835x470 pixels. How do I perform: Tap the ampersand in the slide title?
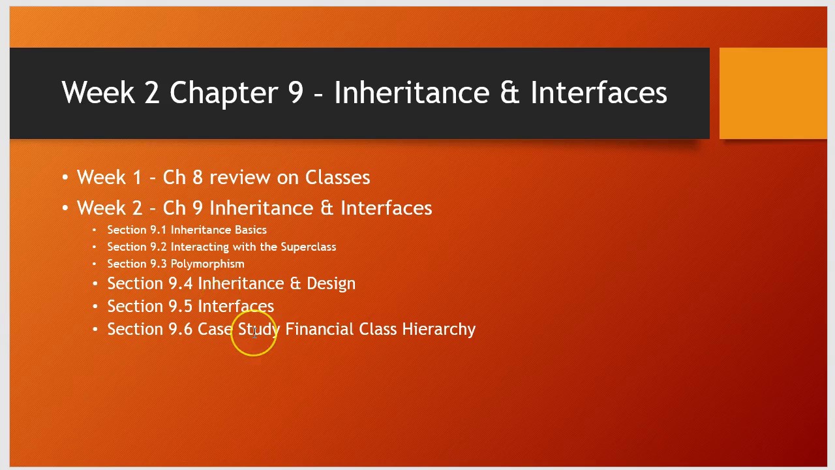click(x=509, y=93)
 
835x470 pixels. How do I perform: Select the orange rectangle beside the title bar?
click(x=772, y=93)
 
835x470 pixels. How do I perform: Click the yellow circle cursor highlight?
click(x=254, y=333)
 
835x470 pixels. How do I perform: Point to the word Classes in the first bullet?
click(x=337, y=178)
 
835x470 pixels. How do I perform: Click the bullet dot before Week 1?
click(x=65, y=178)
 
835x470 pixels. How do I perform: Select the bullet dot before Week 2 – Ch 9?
click(x=65, y=208)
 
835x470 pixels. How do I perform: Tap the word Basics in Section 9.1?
click(x=250, y=230)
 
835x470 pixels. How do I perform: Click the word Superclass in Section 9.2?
click(x=308, y=247)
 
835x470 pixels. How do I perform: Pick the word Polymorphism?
click(x=207, y=264)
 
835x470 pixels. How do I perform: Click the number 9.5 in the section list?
click(x=180, y=306)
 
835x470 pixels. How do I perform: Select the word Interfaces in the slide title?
click(x=598, y=93)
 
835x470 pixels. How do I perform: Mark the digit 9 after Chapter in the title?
click(x=296, y=93)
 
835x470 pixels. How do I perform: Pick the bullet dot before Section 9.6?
click(x=95, y=330)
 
